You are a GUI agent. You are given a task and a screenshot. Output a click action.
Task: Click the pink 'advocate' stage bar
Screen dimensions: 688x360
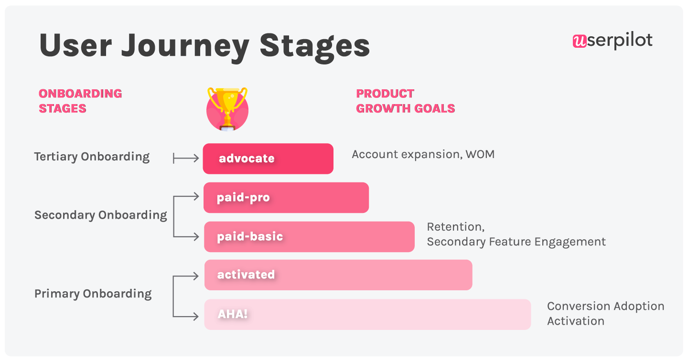pos(268,159)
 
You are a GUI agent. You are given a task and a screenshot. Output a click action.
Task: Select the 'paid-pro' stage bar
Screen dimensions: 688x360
pos(286,198)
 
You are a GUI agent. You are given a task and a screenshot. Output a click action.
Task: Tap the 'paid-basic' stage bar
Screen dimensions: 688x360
pos(309,237)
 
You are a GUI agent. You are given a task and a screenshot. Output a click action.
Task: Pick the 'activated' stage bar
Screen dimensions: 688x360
pos(338,275)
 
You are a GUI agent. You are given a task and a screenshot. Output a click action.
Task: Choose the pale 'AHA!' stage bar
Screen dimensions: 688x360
pos(368,315)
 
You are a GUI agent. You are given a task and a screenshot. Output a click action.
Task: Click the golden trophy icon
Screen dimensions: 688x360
pos(227,109)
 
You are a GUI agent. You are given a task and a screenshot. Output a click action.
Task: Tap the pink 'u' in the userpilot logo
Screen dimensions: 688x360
pos(580,41)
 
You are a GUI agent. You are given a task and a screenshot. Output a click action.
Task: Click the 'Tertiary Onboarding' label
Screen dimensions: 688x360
pos(92,157)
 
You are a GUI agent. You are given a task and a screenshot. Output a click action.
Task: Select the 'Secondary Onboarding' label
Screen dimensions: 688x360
pos(101,215)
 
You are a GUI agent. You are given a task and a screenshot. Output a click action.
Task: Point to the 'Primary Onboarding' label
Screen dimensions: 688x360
pos(93,294)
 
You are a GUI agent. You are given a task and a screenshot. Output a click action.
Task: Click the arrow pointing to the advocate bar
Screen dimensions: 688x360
pos(186,159)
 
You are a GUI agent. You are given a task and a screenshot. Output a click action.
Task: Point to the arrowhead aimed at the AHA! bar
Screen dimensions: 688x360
pos(196,316)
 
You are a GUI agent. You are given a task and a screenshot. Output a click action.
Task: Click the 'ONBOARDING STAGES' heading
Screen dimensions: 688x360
pos(80,101)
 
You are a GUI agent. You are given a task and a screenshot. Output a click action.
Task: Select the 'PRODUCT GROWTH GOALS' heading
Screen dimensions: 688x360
pos(406,101)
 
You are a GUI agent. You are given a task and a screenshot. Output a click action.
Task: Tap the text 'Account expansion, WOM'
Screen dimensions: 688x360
pos(423,154)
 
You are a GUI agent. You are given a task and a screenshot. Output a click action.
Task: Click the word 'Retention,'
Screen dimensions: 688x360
pos(456,227)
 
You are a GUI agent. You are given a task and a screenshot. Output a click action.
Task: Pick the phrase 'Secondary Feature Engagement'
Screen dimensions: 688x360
pos(516,242)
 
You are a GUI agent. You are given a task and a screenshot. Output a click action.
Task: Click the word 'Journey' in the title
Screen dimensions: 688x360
pos(185,46)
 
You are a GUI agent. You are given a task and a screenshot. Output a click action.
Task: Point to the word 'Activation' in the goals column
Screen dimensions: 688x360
pos(576,321)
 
